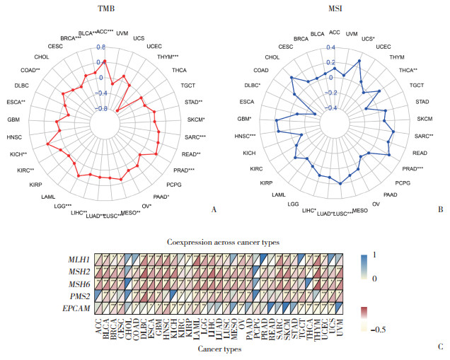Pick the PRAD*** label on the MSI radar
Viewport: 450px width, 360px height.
point(412,169)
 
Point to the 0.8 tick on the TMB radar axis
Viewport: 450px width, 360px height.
point(100,47)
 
